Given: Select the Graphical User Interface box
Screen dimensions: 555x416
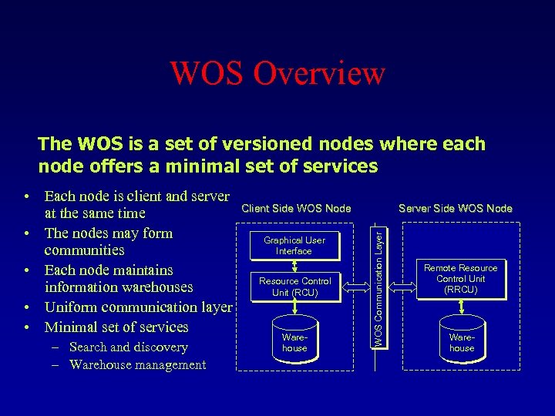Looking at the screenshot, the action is click(294, 245).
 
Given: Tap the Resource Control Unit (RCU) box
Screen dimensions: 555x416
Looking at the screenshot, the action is click(294, 287).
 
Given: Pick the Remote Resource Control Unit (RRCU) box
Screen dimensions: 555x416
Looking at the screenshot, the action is click(461, 278).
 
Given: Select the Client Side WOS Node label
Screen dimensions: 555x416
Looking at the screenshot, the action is click(296, 208).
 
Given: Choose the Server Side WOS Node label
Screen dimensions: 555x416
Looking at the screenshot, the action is click(455, 208).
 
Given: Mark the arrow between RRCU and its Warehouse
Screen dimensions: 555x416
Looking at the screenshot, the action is click(461, 307).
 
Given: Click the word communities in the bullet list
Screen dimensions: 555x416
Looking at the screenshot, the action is click(84, 250).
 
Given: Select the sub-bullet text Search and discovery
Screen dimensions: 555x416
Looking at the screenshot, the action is click(128, 347).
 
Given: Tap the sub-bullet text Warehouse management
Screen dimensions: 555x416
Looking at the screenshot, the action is click(137, 365).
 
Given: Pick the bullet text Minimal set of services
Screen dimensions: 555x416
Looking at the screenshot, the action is click(116, 327).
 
